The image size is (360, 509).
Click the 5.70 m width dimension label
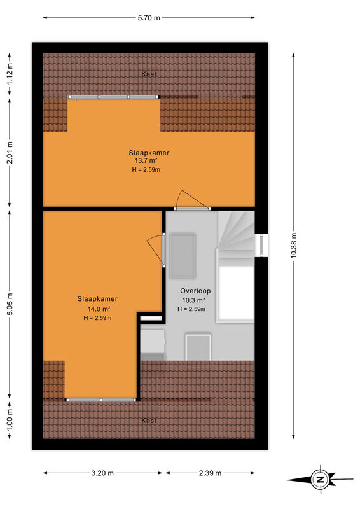[x=149, y=18]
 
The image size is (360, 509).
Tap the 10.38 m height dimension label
[x=293, y=246]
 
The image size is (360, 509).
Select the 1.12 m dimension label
[x=10, y=74]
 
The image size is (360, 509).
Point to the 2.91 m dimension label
[x=10, y=153]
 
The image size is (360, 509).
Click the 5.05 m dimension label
[x=10, y=304]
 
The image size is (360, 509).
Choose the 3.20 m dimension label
[x=102, y=473]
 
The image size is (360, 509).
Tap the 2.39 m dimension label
[x=210, y=473]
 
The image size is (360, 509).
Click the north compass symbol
[x=320, y=480]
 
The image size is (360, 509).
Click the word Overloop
[x=195, y=291]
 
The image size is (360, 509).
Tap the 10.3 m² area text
[x=193, y=300]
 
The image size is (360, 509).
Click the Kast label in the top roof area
[x=149, y=74]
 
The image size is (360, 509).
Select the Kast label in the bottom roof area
[x=149, y=421]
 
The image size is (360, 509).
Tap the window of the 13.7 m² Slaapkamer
[x=113, y=97]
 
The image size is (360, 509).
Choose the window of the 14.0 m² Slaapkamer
[x=101, y=400]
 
